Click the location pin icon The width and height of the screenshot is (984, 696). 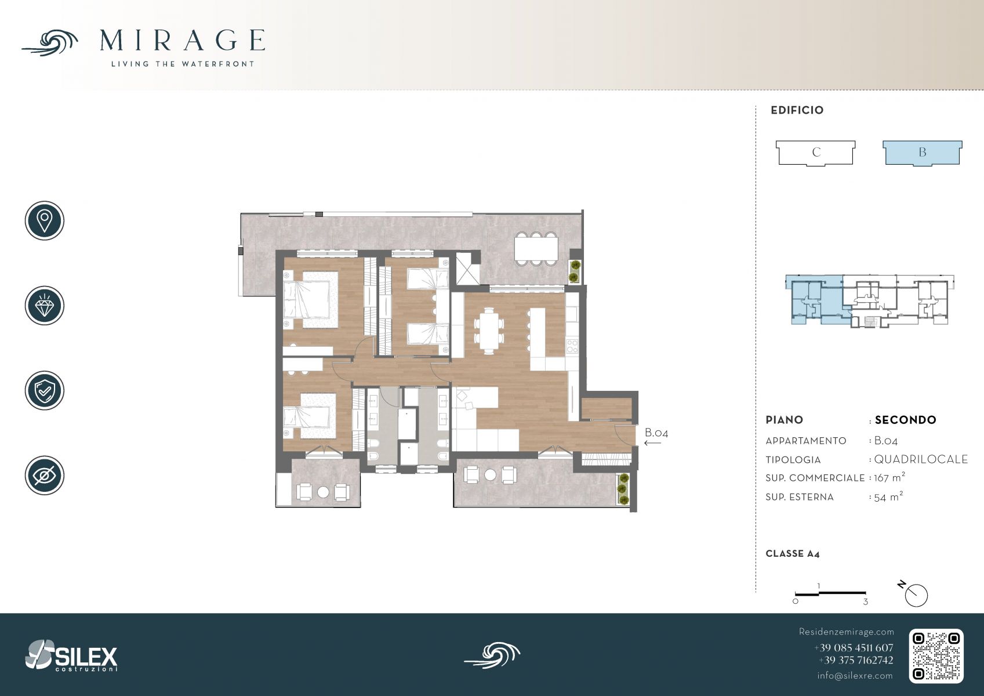[x=45, y=220]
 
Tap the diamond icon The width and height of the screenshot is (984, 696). [x=45, y=306]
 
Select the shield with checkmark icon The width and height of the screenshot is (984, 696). [x=45, y=390]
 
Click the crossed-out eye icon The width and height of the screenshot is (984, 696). [x=45, y=475]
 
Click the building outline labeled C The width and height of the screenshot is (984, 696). [x=816, y=153]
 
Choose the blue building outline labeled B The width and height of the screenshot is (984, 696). [x=923, y=153]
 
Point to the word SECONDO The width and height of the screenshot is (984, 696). [x=905, y=420]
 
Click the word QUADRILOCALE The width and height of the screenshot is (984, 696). [x=921, y=459]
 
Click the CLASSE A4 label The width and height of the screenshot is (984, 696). [x=793, y=554]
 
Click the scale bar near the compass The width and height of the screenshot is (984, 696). [x=830, y=594]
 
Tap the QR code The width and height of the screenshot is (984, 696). [x=936, y=656]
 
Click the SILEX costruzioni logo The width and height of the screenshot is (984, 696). [x=71, y=655]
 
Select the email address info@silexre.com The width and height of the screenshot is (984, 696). [x=855, y=676]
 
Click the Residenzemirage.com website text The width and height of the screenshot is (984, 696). [x=846, y=632]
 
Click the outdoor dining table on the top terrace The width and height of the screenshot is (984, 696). [x=536, y=248]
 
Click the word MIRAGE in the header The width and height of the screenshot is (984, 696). [x=182, y=40]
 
